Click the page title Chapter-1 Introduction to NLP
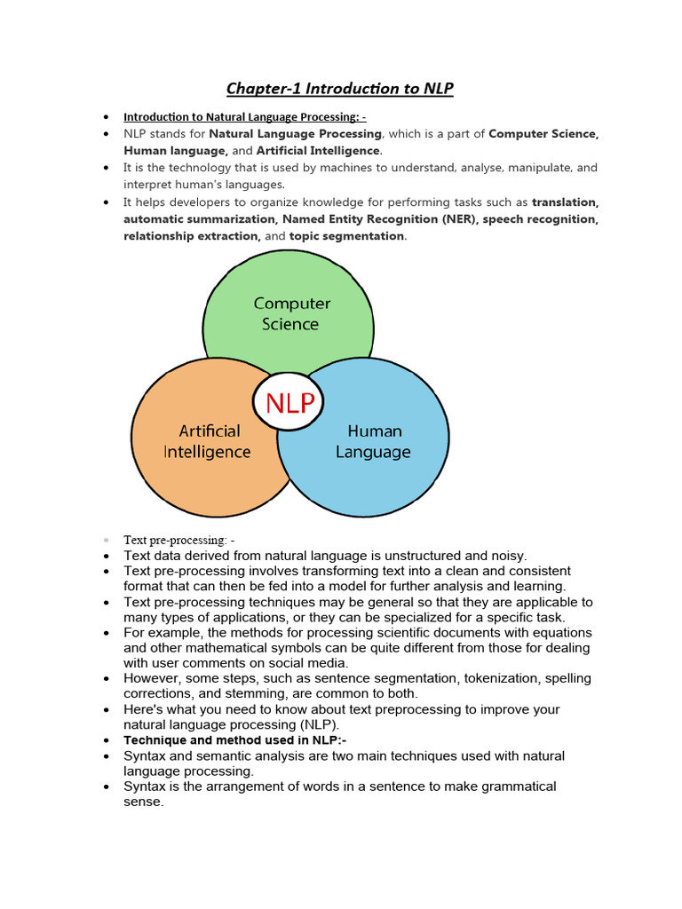coord(340,88)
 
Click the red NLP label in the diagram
coord(289,404)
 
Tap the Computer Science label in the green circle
coord(290,313)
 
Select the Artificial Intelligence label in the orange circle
coord(207,441)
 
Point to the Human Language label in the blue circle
coord(374,441)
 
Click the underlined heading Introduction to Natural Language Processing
coord(244,116)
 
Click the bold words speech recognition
coord(541,219)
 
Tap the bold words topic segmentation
coord(347,236)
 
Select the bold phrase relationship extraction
coord(192,236)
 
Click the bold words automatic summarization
coord(200,219)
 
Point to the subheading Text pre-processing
coord(178,540)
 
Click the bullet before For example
coord(106,633)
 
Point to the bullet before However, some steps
coord(106,678)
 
